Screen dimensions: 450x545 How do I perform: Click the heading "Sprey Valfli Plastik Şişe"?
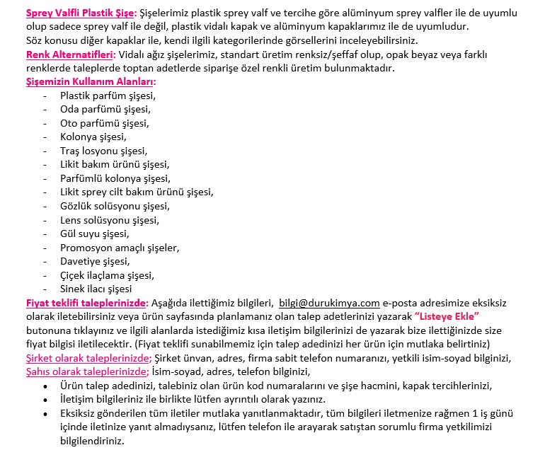[x=79, y=14]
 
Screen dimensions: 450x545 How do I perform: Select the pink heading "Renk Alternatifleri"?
[x=71, y=55]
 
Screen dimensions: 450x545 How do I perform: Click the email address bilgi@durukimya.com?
[x=329, y=303]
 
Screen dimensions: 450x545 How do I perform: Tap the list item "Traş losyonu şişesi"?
[x=104, y=151]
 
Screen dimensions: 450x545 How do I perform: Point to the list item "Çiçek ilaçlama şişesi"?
[x=107, y=275]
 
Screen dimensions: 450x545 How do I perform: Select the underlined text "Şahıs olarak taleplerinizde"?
[x=87, y=371]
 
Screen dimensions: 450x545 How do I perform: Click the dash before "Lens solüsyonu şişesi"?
[x=46, y=220]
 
